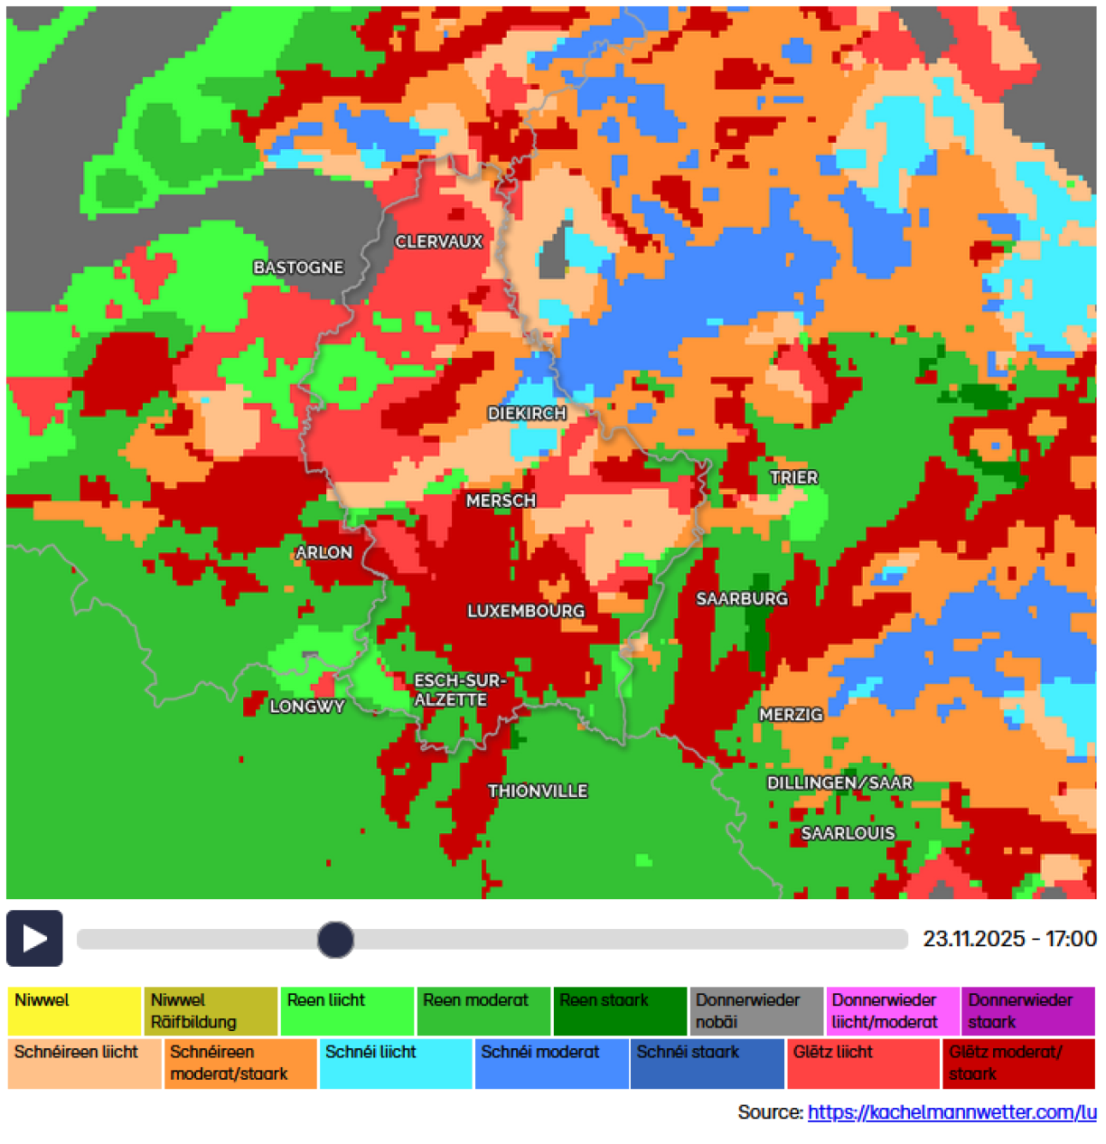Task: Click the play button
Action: tap(34, 938)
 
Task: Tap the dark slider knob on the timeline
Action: tap(335, 939)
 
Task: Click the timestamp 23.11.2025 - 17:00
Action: tap(1009, 939)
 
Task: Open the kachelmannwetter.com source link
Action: tap(951, 1112)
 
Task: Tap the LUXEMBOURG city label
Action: tap(526, 612)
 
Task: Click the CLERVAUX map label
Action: tap(439, 242)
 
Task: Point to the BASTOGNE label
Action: tap(298, 268)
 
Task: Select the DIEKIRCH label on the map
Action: tap(527, 414)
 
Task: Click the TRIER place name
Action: tap(793, 478)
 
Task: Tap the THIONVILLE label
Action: tap(538, 792)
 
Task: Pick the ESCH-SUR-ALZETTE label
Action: tap(458, 690)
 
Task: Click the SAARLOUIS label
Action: tap(848, 834)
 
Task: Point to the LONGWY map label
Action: tap(307, 707)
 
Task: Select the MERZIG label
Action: tap(791, 715)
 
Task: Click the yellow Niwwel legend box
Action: tap(74, 1011)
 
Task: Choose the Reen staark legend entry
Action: tap(619, 1011)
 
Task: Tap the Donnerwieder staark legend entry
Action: tap(1027, 1011)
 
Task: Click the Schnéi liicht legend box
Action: tap(395, 1064)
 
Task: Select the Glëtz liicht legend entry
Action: tap(862, 1064)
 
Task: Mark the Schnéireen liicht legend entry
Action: tap(84, 1064)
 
